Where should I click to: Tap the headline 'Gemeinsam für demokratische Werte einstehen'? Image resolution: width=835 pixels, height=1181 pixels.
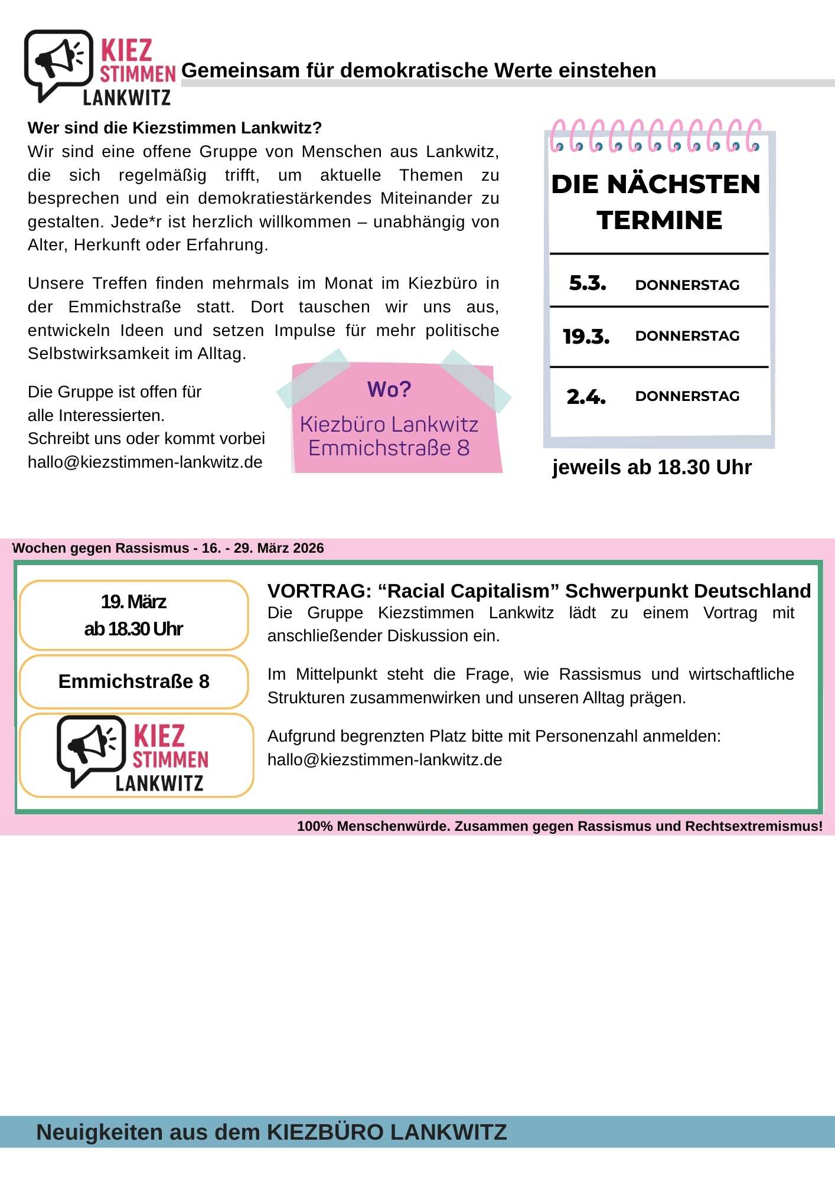click(418, 70)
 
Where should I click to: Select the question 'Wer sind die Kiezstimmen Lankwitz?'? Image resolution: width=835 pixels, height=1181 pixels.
click(174, 128)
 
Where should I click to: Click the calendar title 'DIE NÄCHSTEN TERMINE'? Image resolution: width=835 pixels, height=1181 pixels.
click(658, 202)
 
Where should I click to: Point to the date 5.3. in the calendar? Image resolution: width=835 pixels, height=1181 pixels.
click(587, 283)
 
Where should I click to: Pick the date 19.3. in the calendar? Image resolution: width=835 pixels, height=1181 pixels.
click(586, 337)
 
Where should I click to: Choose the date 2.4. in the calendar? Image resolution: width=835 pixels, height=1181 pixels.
click(586, 397)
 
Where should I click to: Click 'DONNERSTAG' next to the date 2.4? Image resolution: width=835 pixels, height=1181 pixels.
click(687, 396)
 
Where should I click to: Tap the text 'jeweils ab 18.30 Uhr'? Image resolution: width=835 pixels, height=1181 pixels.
click(651, 467)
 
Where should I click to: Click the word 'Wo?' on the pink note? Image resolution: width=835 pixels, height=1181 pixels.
click(389, 390)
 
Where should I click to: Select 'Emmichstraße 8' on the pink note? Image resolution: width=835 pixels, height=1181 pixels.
click(389, 448)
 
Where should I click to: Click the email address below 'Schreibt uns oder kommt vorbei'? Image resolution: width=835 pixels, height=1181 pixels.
click(145, 462)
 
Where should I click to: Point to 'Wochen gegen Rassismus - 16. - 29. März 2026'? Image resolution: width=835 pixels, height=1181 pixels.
click(168, 548)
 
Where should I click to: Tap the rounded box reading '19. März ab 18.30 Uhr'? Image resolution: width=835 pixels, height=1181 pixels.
click(133, 615)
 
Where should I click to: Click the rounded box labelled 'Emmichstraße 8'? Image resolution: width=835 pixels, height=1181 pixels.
click(133, 681)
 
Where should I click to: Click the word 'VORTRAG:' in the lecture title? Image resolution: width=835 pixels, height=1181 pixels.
click(319, 591)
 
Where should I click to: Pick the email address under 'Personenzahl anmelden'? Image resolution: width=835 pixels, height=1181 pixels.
click(384, 760)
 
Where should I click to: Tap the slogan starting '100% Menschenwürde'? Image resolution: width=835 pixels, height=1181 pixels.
click(559, 826)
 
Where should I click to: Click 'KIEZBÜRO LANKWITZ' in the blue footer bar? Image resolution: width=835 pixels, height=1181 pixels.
click(387, 1132)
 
